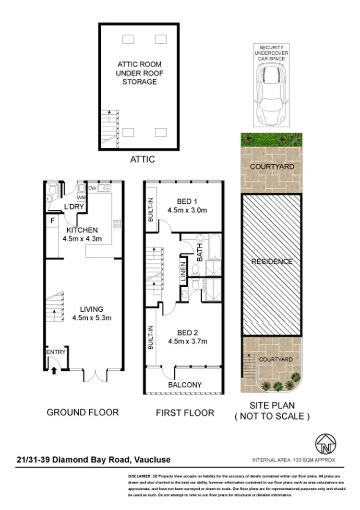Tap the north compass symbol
pos(325,444)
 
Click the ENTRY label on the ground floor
pos(55,352)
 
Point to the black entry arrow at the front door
pos(53,370)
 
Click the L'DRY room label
pos(73,206)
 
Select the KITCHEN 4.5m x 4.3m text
pos(80,234)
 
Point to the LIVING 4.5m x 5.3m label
pos(93,313)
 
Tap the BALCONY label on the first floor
pos(185,385)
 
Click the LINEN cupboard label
pos(183,272)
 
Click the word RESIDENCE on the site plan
pos(272,262)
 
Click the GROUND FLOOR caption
pos(83,412)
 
